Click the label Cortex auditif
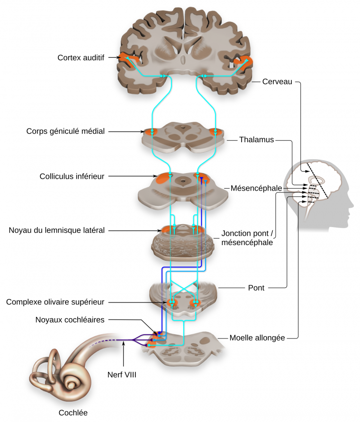pos(81,58)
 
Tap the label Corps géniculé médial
pos(65,131)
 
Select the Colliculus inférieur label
pos(72,176)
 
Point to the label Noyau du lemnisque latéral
pos(56,230)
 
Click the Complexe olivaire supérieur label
pos(55,302)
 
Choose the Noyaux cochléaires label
pos(70,320)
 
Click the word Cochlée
pos(73,413)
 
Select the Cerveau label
pos(278,82)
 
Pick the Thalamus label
pos(256,140)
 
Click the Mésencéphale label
pos(256,188)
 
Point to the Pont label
pos(256,287)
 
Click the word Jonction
pos(236,234)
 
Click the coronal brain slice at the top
pos(185,50)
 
